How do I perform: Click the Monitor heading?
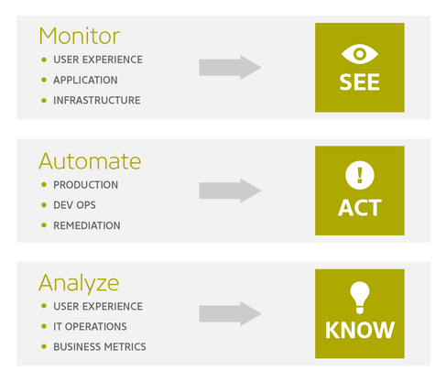pyautogui.click(x=80, y=37)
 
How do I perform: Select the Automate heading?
pyautogui.click(x=90, y=161)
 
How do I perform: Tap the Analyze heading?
pyautogui.click(x=79, y=284)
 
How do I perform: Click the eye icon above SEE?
pyautogui.click(x=360, y=54)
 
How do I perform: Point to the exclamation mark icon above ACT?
pyautogui.click(x=360, y=175)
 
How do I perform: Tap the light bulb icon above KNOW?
pyautogui.click(x=360, y=298)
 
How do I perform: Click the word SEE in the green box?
pyautogui.click(x=360, y=82)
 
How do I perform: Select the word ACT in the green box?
pyautogui.click(x=360, y=208)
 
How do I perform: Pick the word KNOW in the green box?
pyautogui.click(x=360, y=330)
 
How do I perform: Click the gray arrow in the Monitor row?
pyautogui.click(x=230, y=68)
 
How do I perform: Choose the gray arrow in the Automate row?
pyautogui.click(x=230, y=191)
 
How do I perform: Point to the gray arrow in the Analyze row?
pyautogui.click(x=230, y=313)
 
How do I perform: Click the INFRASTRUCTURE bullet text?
pyautogui.click(x=97, y=101)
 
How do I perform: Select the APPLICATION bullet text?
pyautogui.click(x=85, y=80)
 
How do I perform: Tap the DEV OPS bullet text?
pyautogui.click(x=74, y=205)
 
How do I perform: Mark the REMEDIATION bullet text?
pyautogui.click(x=87, y=225)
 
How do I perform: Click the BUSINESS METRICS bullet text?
pyautogui.click(x=100, y=347)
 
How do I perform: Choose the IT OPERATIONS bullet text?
pyautogui.click(x=90, y=327)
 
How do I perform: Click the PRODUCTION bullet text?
pyautogui.click(x=85, y=185)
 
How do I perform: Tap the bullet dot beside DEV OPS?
pyautogui.click(x=44, y=205)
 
